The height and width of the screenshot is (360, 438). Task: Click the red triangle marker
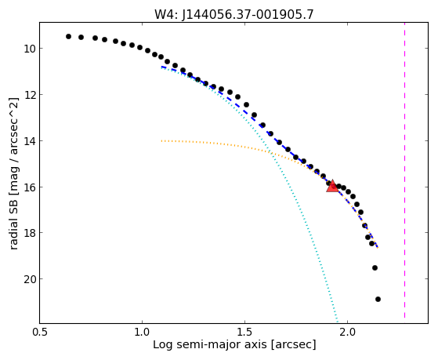(x=332, y=186)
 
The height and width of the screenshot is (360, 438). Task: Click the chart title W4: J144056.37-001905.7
(x=234, y=14)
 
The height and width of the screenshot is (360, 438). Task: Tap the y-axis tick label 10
(x=30, y=49)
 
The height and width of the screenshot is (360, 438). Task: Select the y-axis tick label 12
(x=30, y=95)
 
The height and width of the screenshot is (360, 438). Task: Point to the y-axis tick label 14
(x=30, y=141)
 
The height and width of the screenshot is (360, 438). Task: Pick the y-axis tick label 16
(x=30, y=187)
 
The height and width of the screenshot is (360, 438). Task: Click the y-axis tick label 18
(x=30, y=233)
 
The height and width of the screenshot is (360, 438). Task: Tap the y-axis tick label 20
(x=30, y=279)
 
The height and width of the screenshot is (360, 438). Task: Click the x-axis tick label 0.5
(x=40, y=333)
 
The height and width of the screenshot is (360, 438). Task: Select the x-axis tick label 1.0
(x=142, y=333)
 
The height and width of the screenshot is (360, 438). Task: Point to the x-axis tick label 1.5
(x=244, y=333)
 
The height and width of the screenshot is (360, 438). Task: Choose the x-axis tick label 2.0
(x=347, y=333)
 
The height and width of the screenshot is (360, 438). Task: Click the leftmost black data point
(x=68, y=36)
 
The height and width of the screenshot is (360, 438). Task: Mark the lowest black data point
(x=378, y=300)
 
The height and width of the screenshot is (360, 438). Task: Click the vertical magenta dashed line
(x=404, y=171)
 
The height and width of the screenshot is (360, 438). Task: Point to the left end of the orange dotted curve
(x=161, y=141)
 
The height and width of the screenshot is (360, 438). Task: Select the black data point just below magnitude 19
(x=375, y=268)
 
